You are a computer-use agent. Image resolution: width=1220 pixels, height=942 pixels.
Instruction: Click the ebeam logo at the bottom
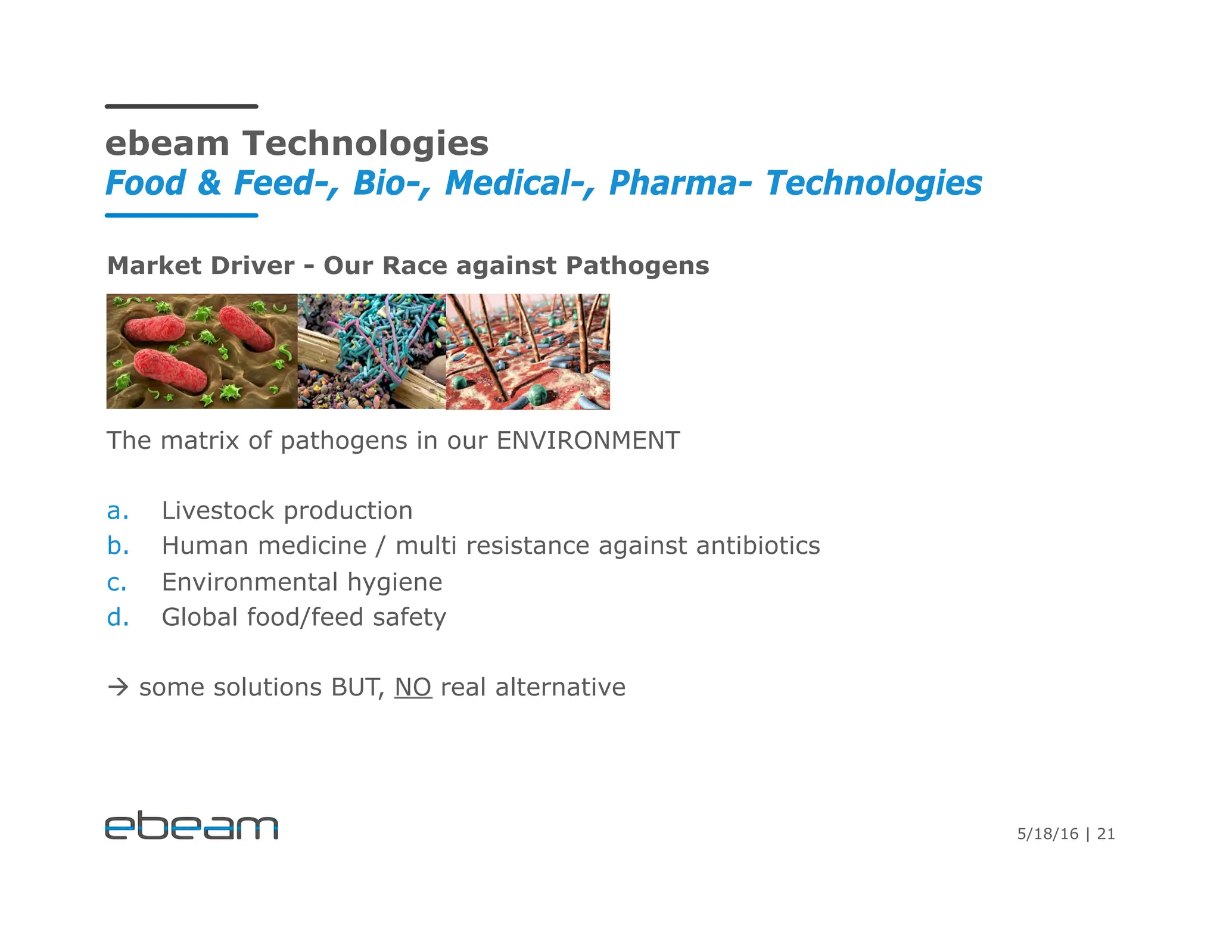191,825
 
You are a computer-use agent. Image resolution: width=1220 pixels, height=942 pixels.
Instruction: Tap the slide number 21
1106,834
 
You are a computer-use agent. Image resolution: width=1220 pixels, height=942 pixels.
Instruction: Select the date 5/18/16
1047,834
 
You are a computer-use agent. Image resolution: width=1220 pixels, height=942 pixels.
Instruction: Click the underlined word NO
413,687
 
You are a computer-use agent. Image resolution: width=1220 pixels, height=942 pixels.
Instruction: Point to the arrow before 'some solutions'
119,688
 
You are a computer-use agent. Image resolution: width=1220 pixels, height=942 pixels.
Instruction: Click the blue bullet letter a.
117,511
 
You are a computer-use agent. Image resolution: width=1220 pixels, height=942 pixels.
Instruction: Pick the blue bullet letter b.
118,545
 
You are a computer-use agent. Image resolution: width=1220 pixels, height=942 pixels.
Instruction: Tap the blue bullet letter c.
117,582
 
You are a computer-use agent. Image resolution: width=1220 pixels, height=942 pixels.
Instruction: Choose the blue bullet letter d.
118,617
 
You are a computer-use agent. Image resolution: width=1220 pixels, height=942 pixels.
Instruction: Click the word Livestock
218,510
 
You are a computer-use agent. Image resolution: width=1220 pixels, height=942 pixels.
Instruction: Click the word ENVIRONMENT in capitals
588,441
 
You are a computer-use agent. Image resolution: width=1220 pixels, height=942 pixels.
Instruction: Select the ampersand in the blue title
210,183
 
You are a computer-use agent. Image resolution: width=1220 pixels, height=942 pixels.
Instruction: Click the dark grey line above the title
182,107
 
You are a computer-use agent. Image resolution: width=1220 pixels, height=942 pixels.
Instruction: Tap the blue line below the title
182,216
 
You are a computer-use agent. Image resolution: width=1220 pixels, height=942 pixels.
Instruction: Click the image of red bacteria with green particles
201,351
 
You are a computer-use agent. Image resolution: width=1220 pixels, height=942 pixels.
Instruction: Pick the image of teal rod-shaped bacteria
371,351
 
